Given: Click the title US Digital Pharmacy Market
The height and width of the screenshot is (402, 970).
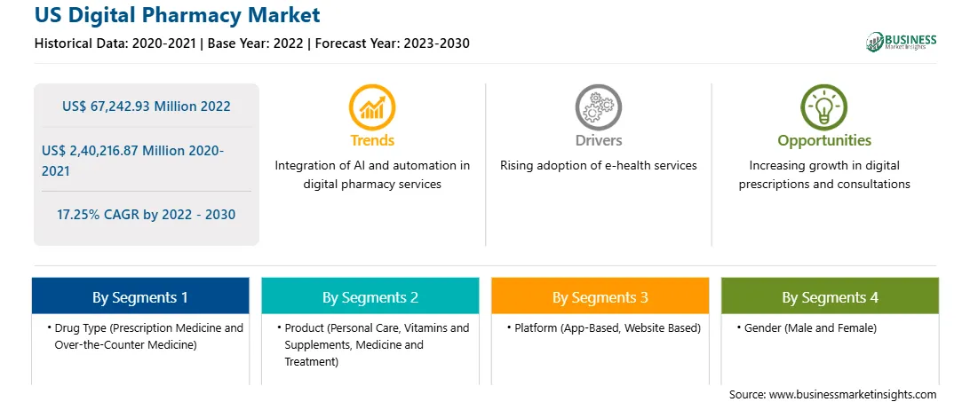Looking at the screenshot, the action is coord(178,15).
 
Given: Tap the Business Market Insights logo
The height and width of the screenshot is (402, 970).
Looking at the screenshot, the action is coord(902,42).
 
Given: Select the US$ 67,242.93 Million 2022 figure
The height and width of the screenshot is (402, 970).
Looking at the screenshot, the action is coord(146,106).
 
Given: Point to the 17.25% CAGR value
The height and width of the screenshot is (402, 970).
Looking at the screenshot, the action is coord(146,215).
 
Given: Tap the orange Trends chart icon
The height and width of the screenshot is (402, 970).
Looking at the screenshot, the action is coord(372,107).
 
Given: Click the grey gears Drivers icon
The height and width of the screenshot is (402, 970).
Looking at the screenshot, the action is coord(598,107).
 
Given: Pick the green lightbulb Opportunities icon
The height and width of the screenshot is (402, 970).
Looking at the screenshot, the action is coord(824,107).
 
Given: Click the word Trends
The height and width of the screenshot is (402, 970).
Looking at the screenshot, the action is coord(372,140).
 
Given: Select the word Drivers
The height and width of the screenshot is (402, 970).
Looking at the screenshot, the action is coord(598,140).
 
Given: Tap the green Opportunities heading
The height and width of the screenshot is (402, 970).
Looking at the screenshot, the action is coord(824,141).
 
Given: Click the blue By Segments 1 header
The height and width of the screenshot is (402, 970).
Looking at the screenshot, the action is coord(140,297).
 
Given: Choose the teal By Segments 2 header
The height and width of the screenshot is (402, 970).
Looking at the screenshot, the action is coord(370,297).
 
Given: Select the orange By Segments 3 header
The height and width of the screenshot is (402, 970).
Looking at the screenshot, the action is coord(600,297).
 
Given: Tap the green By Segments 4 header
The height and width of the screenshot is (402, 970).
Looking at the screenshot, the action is coord(831,297).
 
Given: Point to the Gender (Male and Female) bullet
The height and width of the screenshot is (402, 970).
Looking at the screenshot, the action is coord(807,328).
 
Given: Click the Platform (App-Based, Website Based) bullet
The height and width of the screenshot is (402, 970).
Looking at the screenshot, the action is coord(603,328).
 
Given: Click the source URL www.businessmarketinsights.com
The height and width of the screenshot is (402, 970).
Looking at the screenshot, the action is coord(853,394).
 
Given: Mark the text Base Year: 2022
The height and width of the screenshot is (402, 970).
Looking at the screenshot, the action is coord(255,43).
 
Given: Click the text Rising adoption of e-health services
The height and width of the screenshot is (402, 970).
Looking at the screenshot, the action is coord(598,166).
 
